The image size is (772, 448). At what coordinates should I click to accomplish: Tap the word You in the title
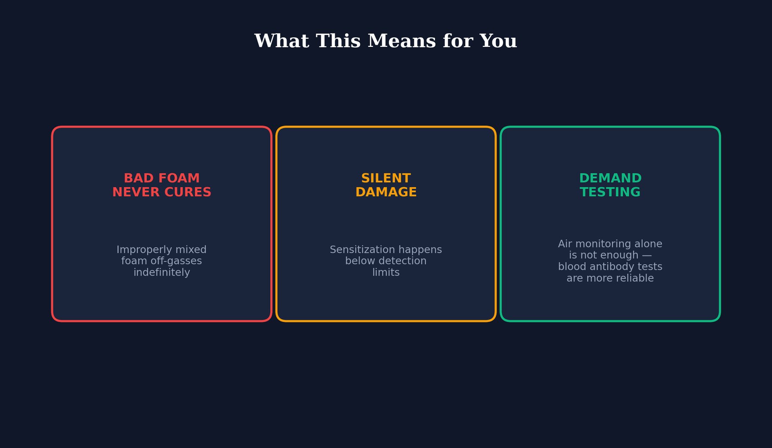pyautogui.click(x=498, y=41)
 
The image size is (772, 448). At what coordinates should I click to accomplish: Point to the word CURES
pyautogui.click(x=189, y=192)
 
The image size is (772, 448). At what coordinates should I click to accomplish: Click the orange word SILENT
pyautogui.click(x=386, y=178)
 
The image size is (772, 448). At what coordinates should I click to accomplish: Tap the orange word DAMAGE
pyautogui.click(x=386, y=192)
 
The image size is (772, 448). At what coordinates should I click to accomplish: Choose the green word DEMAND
pyautogui.click(x=610, y=178)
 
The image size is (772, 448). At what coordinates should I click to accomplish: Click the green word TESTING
pyautogui.click(x=610, y=192)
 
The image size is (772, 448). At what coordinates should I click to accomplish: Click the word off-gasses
pyautogui.click(x=176, y=261)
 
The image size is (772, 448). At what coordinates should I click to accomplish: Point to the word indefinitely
pyautogui.click(x=162, y=272)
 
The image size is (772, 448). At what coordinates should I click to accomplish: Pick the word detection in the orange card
pyautogui.click(x=402, y=261)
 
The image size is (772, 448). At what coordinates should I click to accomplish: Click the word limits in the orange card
pyautogui.click(x=386, y=272)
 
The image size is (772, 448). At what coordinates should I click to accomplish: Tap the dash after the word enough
pyautogui.click(x=647, y=255)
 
